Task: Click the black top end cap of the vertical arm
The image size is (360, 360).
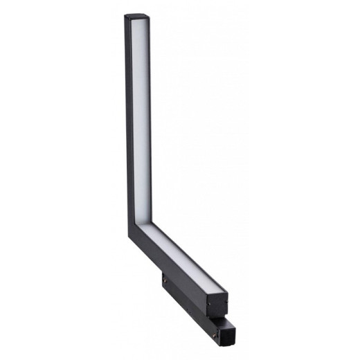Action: click(137, 17)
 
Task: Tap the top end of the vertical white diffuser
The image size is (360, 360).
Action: click(141, 23)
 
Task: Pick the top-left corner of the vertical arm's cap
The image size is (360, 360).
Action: click(126, 15)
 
